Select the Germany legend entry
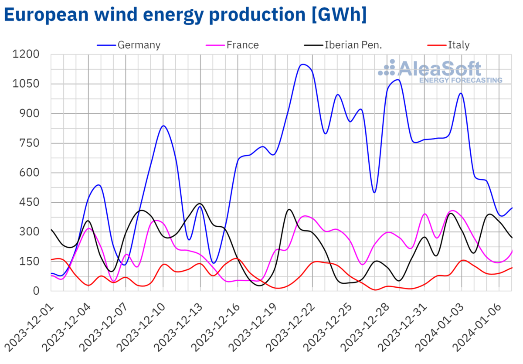coord(139,45)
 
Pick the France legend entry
coord(242,45)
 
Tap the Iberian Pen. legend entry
coord(353,45)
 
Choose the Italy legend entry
coord(458,45)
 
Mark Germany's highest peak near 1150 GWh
coord(303,65)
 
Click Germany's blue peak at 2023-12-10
coord(163,126)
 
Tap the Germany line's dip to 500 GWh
coord(374,192)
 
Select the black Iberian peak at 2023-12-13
coord(200,204)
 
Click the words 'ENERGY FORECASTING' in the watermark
coord(460,81)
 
